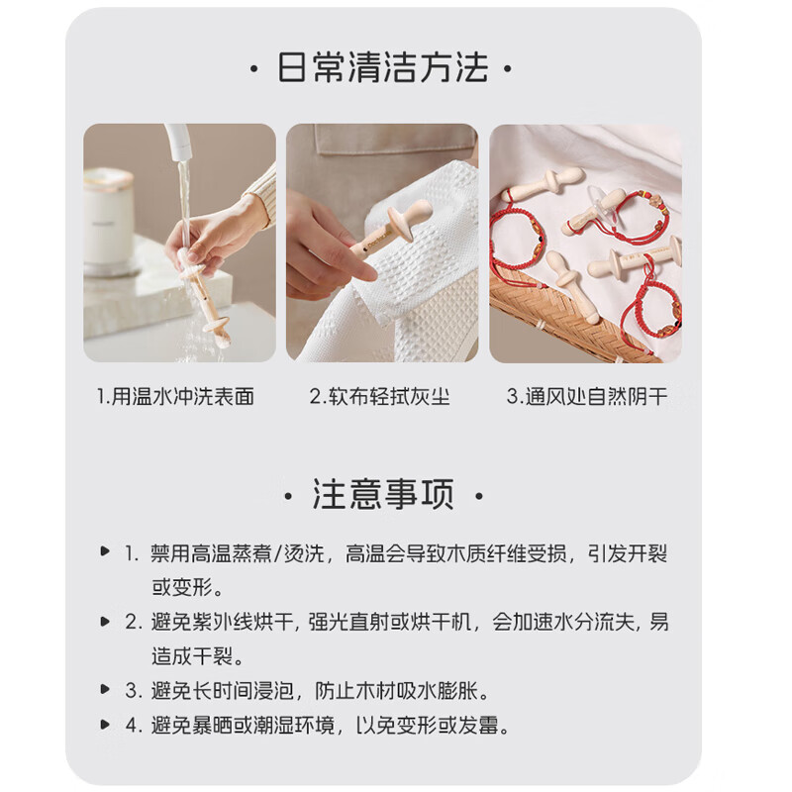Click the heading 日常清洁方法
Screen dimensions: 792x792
tap(382, 69)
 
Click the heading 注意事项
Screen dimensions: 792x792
tap(382, 494)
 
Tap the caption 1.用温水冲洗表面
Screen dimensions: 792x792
tap(176, 397)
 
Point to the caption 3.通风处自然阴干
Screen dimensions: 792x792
tap(587, 397)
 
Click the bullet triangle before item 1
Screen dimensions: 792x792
tap(105, 552)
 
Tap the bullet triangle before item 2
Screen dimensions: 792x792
tap(105, 622)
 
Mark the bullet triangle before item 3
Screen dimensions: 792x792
tap(105, 689)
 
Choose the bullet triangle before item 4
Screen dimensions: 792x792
tap(105, 724)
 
